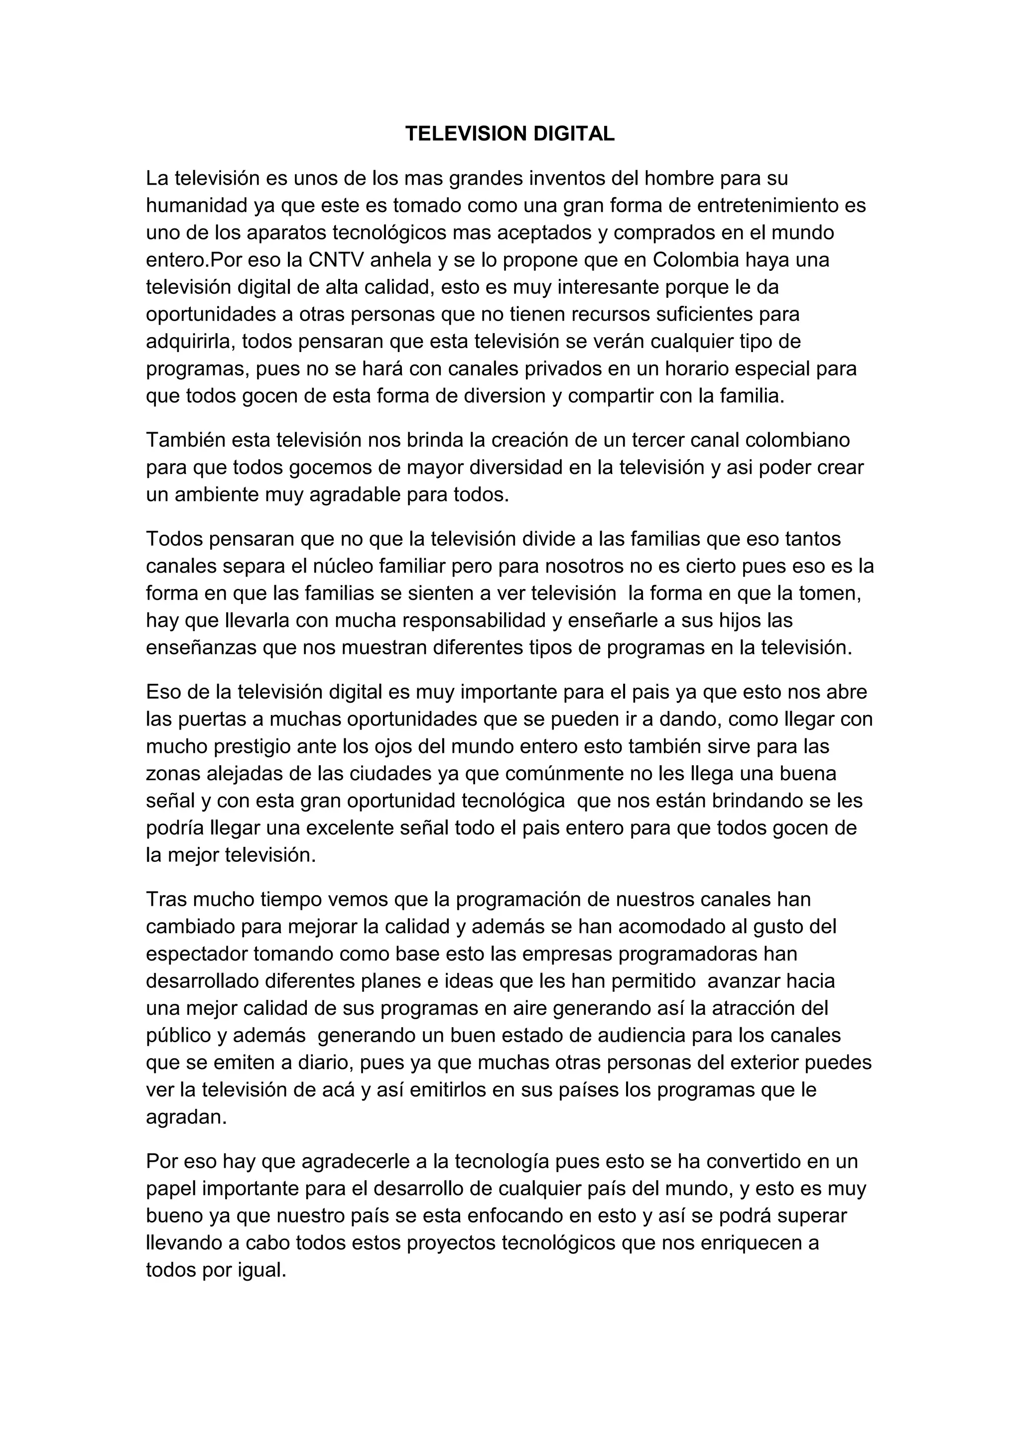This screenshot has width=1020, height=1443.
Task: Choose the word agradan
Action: [186, 1117]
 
